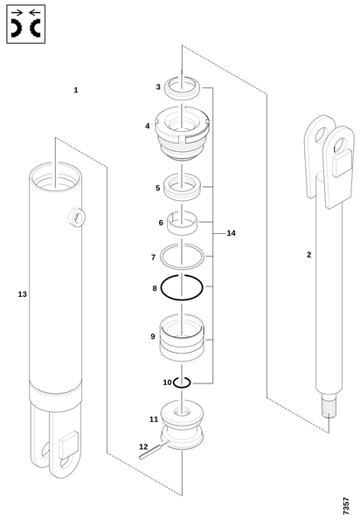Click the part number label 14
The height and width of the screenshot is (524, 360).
(231, 233)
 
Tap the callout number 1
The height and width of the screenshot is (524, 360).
(76, 90)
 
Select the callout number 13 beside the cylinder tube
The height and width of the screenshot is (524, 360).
(22, 294)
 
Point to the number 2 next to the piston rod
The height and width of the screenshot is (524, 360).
(308, 255)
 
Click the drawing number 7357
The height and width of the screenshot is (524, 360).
(346, 506)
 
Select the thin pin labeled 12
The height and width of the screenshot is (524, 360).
(154, 450)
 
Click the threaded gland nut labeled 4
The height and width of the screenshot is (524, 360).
(182, 134)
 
